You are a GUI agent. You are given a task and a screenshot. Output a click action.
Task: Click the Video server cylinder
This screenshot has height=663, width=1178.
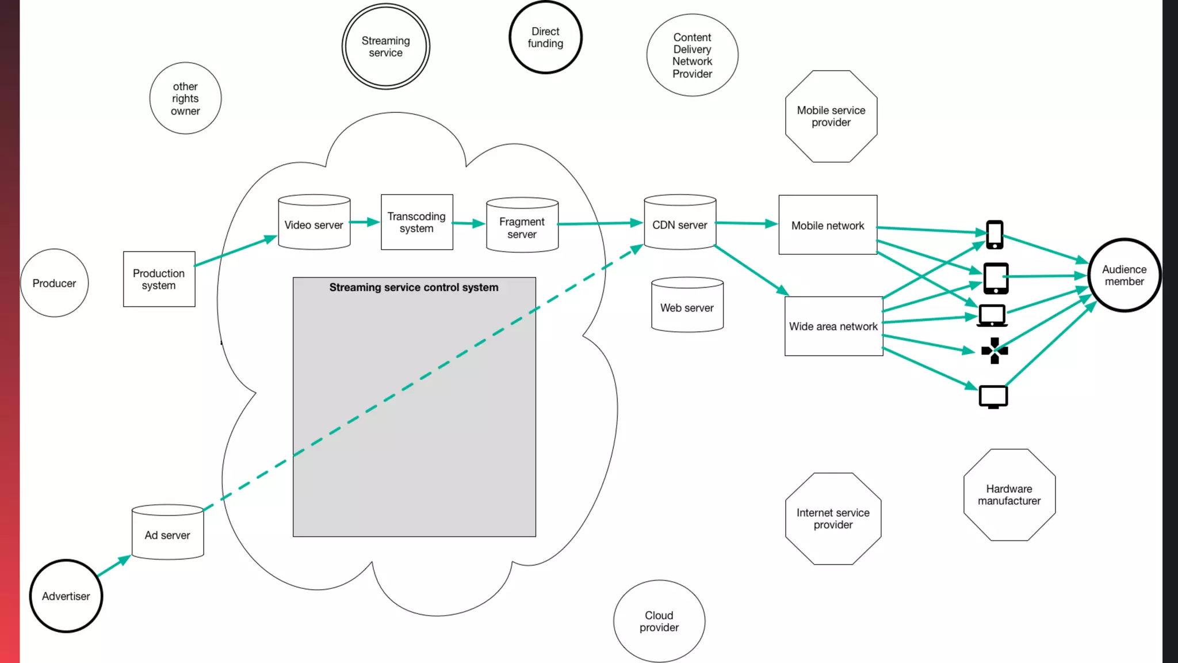314,223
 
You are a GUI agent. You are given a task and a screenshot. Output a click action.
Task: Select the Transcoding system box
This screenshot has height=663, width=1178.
416,222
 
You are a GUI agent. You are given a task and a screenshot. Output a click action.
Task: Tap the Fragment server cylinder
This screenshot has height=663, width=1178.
522,226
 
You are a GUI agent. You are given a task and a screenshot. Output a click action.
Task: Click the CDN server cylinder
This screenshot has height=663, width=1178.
680,223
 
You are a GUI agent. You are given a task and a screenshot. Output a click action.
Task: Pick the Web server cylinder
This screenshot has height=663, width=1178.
687,306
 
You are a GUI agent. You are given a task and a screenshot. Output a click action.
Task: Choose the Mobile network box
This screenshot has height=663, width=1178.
828,225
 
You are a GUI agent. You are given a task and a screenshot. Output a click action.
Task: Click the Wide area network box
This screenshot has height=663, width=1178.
833,326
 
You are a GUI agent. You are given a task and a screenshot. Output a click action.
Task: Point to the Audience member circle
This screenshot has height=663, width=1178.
1124,275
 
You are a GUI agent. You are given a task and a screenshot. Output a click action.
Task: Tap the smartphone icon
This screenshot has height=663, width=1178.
995,235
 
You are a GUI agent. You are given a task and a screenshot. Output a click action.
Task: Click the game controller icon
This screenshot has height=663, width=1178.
995,350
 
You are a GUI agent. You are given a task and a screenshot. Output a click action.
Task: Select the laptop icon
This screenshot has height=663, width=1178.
992,315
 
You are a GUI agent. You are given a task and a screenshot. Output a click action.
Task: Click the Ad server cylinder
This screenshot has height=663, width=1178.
167,533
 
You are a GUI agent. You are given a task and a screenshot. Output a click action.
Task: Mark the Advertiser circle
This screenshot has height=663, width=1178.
66,596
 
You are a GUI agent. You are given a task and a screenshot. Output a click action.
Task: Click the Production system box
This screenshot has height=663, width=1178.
159,279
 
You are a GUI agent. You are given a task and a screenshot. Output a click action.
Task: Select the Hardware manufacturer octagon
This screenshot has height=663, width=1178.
1009,495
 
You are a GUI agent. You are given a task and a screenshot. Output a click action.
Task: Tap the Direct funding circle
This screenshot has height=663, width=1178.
545,37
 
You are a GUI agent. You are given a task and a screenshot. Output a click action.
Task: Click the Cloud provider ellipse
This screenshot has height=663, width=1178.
659,621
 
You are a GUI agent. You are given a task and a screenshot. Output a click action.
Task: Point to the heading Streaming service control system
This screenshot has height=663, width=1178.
414,287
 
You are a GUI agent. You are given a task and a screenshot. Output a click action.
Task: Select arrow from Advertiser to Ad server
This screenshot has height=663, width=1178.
113,566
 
